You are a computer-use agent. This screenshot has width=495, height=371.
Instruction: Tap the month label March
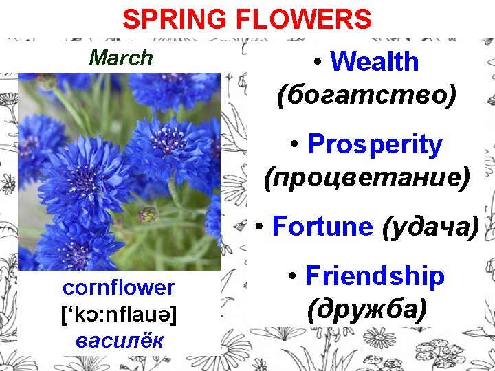[x=121, y=58]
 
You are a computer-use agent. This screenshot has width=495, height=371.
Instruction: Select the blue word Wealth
[x=374, y=62]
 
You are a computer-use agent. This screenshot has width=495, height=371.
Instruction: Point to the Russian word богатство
[x=366, y=95]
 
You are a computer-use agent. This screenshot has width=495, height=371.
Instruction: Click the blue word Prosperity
[x=375, y=144]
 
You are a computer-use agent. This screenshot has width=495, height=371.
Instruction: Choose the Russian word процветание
[x=367, y=177]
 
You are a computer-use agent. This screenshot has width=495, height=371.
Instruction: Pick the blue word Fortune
[x=322, y=226]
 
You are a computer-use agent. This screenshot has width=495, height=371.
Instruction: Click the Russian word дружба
[x=367, y=310]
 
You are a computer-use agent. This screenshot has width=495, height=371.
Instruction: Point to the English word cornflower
[x=119, y=287]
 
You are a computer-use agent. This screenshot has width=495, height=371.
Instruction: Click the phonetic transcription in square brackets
[x=119, y=314]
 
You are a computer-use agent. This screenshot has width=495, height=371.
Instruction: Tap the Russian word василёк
[x=120, y=340]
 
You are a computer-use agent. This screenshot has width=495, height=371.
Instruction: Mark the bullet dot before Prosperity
[x=294, y=146]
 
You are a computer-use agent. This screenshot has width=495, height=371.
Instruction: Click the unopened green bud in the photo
[x=148, y=214]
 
